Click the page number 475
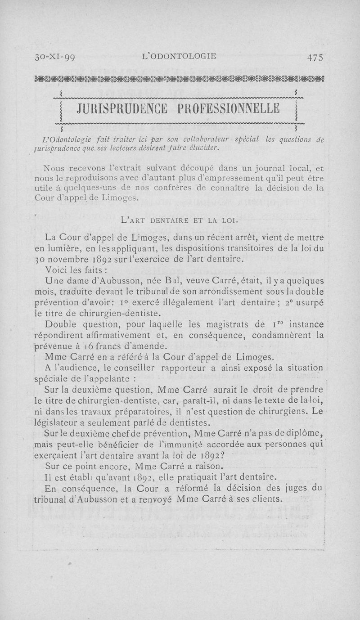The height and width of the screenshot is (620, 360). point(315,57)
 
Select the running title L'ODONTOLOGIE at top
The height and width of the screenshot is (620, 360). point(179,56)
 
